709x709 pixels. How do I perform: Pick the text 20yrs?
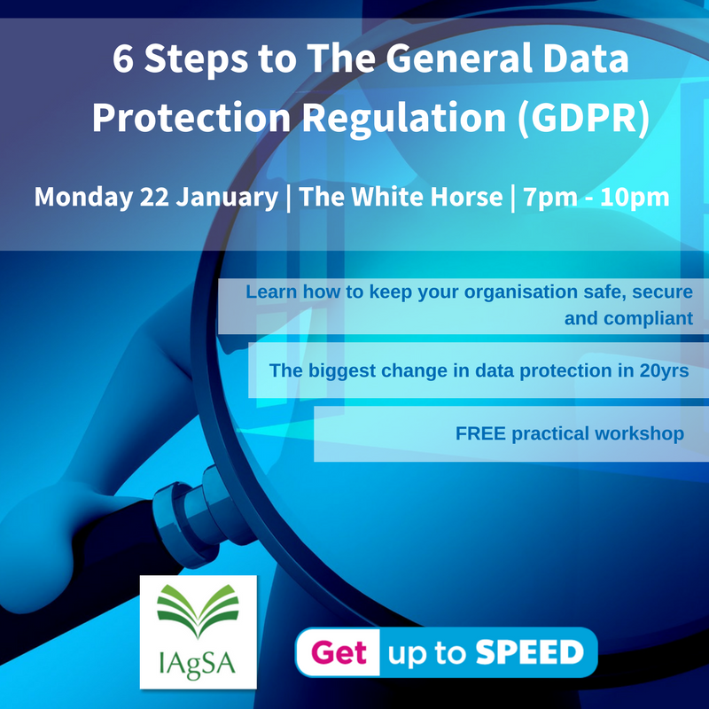coord(663,370)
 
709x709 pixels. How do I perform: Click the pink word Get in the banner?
coord(340,653)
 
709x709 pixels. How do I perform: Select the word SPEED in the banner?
coord(529,653)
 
